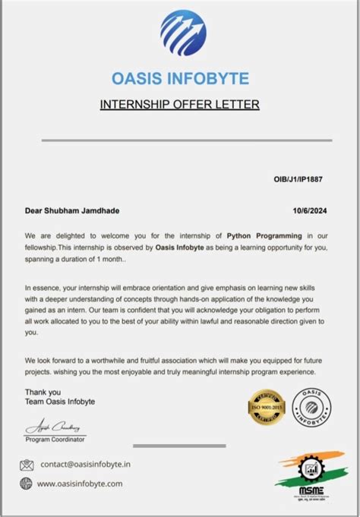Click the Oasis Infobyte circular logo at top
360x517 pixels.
[182, 33]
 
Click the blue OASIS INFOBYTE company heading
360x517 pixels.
[180, 77]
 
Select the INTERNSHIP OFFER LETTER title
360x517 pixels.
[180, 104]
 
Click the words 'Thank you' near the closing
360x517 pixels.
[40, 392]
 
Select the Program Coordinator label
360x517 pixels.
[55, 440]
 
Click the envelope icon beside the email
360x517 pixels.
[27, 465]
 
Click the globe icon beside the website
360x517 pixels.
[27, 483]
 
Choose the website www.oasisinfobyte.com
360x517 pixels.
[80, 483]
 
